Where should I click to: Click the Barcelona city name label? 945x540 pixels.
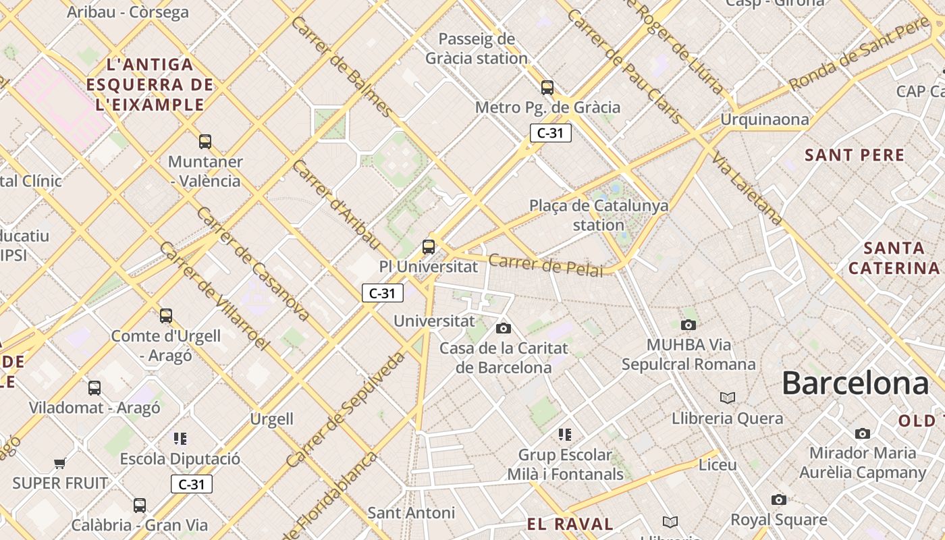tap(855, 383)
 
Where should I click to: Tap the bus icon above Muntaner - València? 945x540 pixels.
tap(205, 142)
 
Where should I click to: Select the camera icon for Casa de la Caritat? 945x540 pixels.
tap(503, 329)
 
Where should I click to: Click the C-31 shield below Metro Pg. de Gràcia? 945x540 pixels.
tap(550, 133)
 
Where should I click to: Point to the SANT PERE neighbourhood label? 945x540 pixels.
tap(854, 155)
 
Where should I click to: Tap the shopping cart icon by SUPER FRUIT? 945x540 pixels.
tap(60, 463)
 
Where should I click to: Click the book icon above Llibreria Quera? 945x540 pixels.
tap(727, 398)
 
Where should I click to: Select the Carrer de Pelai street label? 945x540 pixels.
tap(545, 265)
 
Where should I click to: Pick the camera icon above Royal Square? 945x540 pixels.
tap(779, 500)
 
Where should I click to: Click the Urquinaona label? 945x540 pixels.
tap(764, 120)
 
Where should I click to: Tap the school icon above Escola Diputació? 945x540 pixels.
tap(180, 439)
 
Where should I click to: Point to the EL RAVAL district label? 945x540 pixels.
tap(570, 524)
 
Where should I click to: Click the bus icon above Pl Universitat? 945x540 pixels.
tap(429, 246)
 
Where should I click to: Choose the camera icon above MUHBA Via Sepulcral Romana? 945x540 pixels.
tap(688, 325)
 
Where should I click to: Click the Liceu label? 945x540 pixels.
tap(718, 465)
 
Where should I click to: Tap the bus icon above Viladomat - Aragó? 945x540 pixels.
tap(94, 388)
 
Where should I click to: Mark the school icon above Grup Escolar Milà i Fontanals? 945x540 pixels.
tap(565, 434)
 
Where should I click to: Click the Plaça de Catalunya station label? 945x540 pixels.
tap(598, 215)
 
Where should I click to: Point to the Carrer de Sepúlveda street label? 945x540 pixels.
tap(345, 410)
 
